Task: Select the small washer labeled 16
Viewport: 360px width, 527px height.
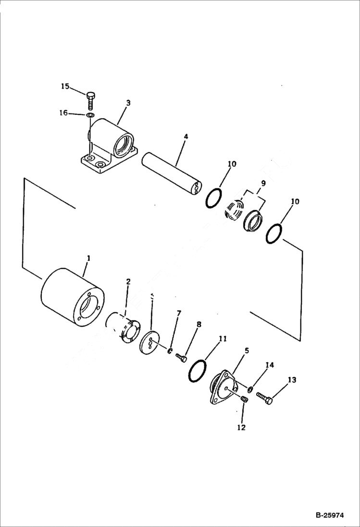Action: [x=91, y=115]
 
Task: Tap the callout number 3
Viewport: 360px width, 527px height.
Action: [x=128, y=103]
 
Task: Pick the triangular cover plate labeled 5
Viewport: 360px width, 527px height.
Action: [x=224, y=387]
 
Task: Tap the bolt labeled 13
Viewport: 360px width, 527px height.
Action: [x=264, y=397]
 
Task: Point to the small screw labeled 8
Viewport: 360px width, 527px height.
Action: [x=182, y=357]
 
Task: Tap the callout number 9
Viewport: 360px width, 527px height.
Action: [x=263, y=183]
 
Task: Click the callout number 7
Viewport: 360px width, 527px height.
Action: [x=179, y=313]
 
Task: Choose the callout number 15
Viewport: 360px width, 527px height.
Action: [x=65, y=86]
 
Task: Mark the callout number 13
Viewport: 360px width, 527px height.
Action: [x=292, y=380]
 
